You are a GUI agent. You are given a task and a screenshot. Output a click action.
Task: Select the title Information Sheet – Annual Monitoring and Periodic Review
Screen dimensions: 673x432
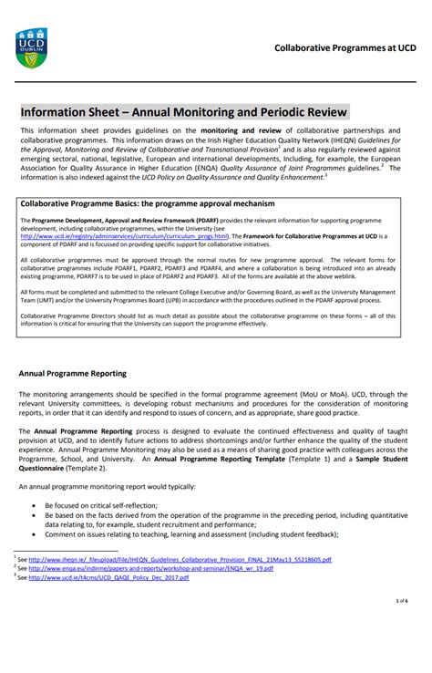[184, 112]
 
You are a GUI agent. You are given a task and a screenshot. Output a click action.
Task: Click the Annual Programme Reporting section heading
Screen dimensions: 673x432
[73, 374]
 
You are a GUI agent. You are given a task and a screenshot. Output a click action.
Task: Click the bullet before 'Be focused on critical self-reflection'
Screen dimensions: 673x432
[34, 504]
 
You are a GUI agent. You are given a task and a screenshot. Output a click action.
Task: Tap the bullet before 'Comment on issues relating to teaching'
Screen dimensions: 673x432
[34, 534]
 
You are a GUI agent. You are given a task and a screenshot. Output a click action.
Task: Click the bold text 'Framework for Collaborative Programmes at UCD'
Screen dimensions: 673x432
[311, 235]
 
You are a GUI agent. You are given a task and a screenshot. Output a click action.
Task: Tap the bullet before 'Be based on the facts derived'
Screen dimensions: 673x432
[34, 514]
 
